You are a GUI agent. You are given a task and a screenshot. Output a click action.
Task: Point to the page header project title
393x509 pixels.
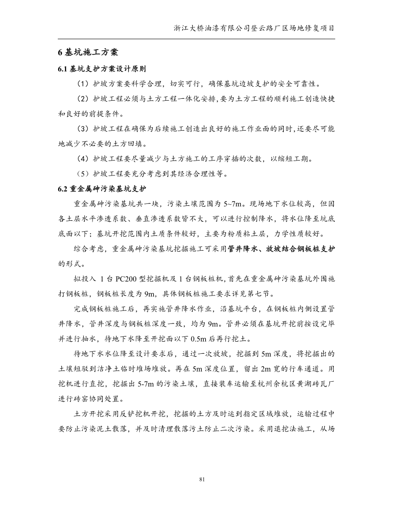click(x=254, y=28)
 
